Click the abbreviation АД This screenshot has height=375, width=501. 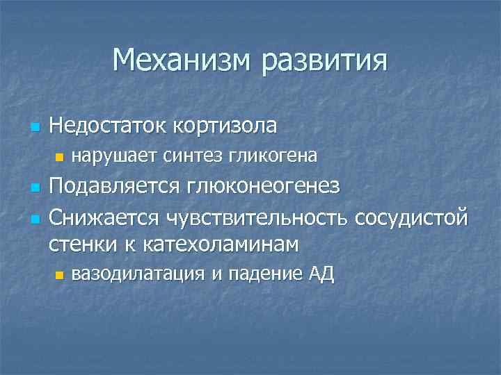tap(321, 274)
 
